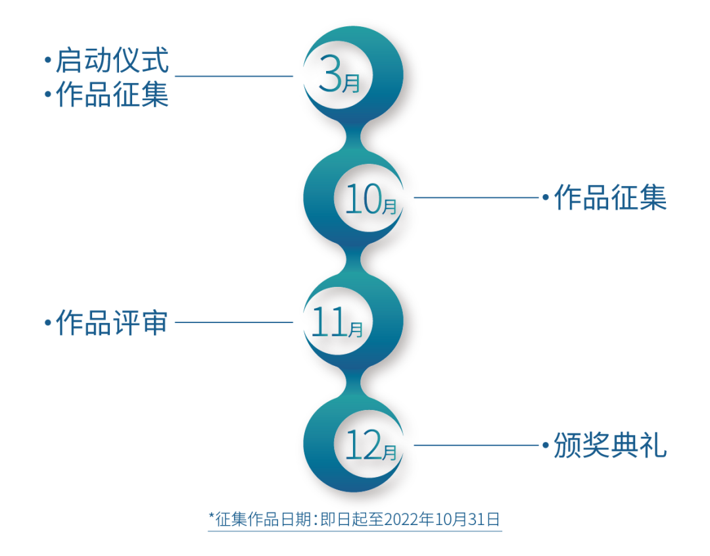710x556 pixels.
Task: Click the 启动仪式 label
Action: tap(112, 61)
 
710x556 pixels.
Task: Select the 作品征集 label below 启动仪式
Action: tap(112, 95)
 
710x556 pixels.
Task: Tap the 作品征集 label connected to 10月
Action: tap(610, 197)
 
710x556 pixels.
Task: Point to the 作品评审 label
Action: tap(112, 323)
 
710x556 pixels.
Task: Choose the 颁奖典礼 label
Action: tap(610, 445)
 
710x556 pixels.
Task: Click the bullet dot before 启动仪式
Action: tap(47, 61)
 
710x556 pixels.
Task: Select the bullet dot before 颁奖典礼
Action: tap(545, 445)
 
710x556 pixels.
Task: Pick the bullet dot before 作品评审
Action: tap(47, 323)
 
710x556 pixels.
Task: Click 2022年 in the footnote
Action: tap(403, 519)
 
